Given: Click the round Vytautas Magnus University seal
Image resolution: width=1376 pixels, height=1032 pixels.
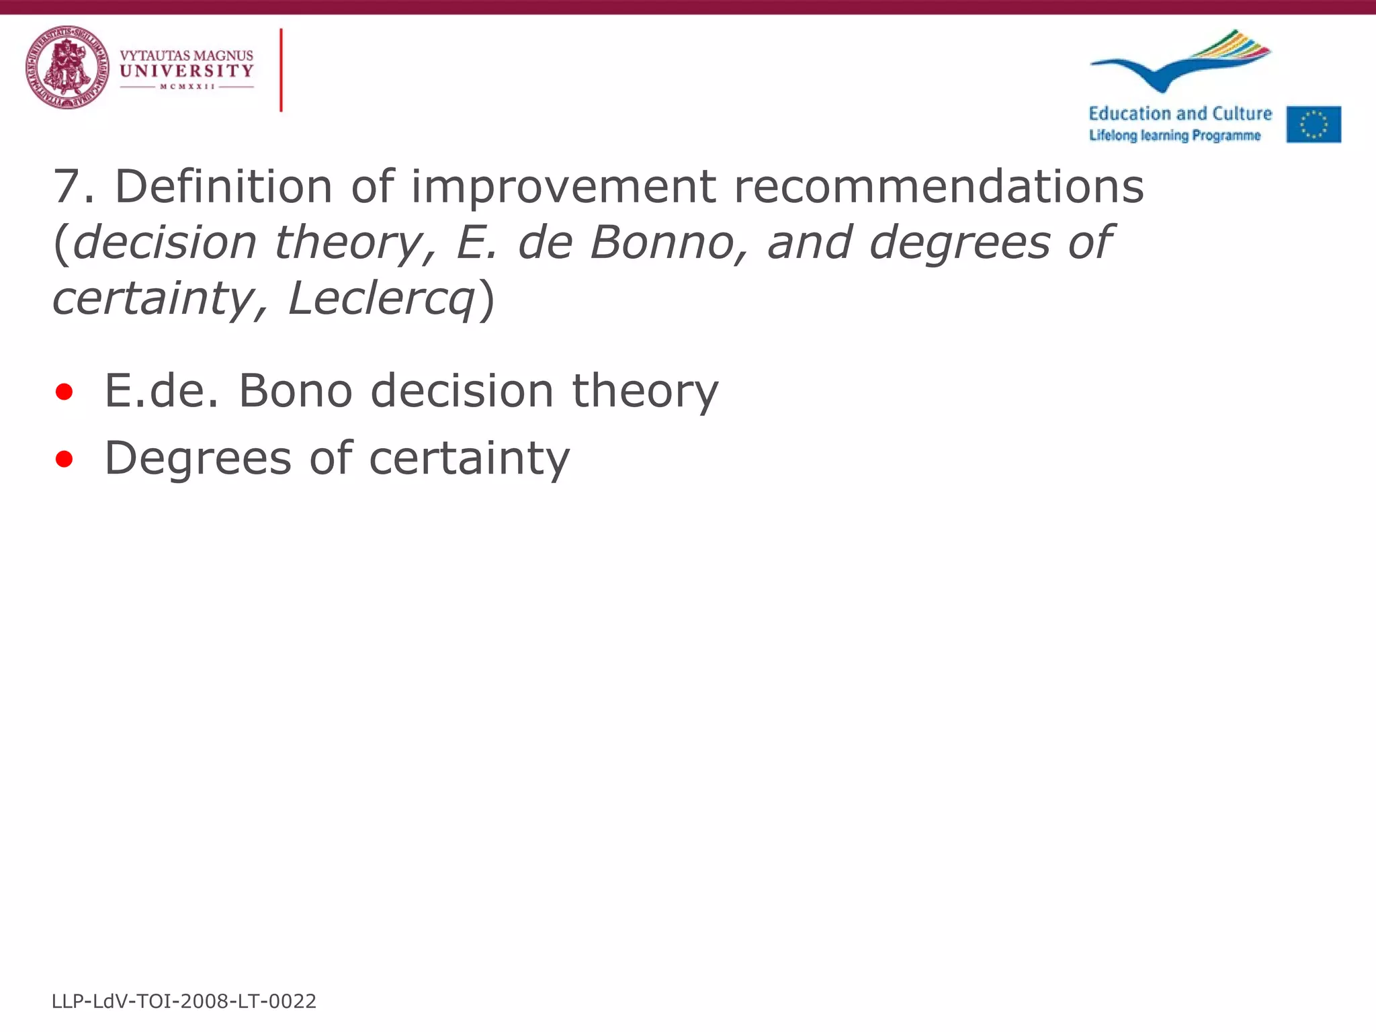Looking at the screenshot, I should pyautogui.click(x=67, y=67).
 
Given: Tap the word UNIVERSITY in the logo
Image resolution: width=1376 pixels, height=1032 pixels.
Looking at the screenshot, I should pyautogui.click(x=187, y=71).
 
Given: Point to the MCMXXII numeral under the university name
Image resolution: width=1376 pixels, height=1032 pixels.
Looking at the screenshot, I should pyautogui.click(x=187, y=87).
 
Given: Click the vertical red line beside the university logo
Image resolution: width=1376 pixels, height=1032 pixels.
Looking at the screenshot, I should pyautogui.click(x=281, y=70).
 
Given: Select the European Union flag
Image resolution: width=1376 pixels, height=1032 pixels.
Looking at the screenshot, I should pyautogui.click(x=1314, y=124).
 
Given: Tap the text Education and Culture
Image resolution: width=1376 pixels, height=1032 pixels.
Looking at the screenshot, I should pyautogui.click(x=1180, y=114).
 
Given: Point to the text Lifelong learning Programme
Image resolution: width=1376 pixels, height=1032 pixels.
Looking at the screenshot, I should pyautogui.click(x=1174, y=136).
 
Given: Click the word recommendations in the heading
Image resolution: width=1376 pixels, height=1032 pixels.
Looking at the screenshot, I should pyautogui.click(x=939, y=186).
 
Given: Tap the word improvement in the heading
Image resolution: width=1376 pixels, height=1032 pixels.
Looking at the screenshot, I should pyautogui.click(x=563, y=186).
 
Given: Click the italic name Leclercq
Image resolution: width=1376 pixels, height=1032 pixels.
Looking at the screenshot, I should pyautogui.click(x=381, y=298).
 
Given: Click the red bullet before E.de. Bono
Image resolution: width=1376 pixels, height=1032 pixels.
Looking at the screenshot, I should pyautogui.click(x=64, y=392).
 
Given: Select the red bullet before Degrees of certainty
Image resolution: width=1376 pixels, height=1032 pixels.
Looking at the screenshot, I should pyautogui.click(x=64, y=460).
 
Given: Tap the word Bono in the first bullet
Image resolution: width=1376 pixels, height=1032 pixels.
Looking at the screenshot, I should pyautogui.click(x=296, y=390).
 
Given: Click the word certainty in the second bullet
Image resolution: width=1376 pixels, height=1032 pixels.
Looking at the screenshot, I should pyautogui.click(x=469, y=459).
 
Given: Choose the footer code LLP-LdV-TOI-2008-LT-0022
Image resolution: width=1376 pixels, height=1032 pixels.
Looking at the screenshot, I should pyautogui.click(x=184, y=1001).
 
